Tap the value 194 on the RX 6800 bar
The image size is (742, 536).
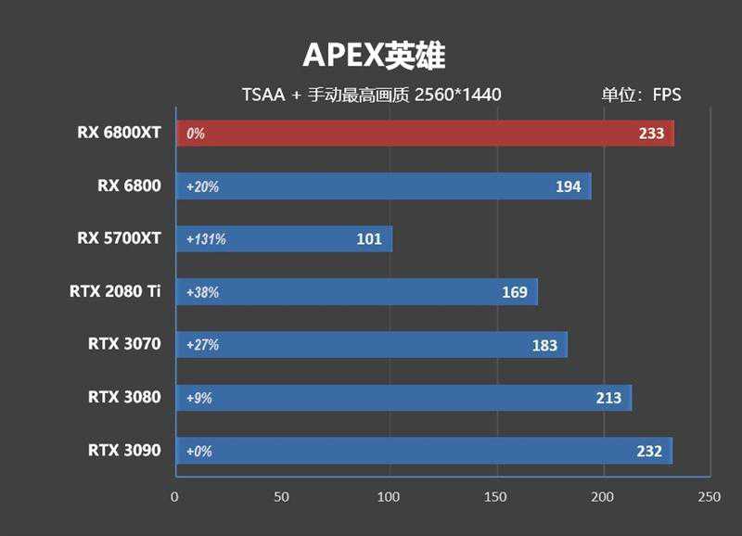(568, 186)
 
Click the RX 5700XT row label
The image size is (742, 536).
(119, 238)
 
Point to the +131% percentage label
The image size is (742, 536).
(206, 239)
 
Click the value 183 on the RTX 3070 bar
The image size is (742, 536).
(544, 345)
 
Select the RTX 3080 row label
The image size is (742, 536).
(124, 397)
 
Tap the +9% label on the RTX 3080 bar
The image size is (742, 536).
(199, 398)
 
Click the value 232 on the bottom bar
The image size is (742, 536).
(649, 451)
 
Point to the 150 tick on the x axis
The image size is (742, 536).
(496, 496)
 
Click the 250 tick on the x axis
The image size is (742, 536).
(710, 496)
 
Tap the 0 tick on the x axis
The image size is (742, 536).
(174, 496)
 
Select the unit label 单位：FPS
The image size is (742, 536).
(641, 95)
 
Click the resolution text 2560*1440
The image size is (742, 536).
(458, 95)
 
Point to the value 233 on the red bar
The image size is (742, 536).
(651, 133)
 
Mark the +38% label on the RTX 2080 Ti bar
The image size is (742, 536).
(202, 292)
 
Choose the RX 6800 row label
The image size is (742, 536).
(129, 185)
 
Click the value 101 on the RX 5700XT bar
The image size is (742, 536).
(369, 239)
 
